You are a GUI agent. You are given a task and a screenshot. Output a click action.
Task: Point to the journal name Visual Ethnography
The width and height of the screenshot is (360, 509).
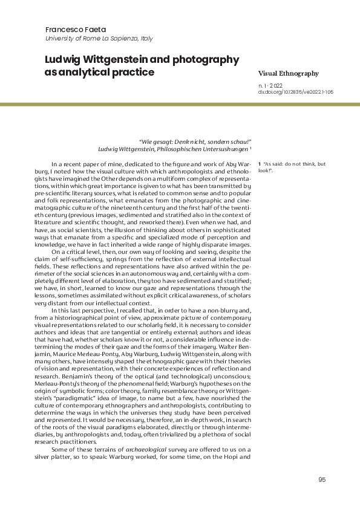288,73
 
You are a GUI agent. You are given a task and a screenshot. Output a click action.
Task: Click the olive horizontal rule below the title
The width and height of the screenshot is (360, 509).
180,105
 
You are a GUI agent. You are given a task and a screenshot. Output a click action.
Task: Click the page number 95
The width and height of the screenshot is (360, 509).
321,479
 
